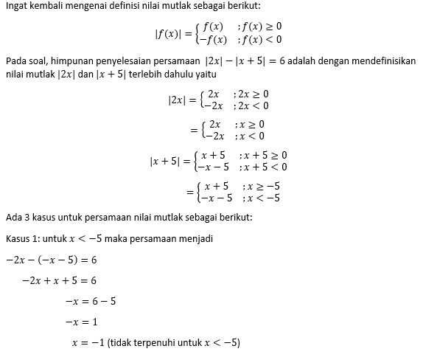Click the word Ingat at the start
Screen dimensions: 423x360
[x=18, y=7]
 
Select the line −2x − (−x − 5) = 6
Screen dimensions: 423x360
[x=52, y=260]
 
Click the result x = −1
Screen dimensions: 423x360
[x=87, y=343]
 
